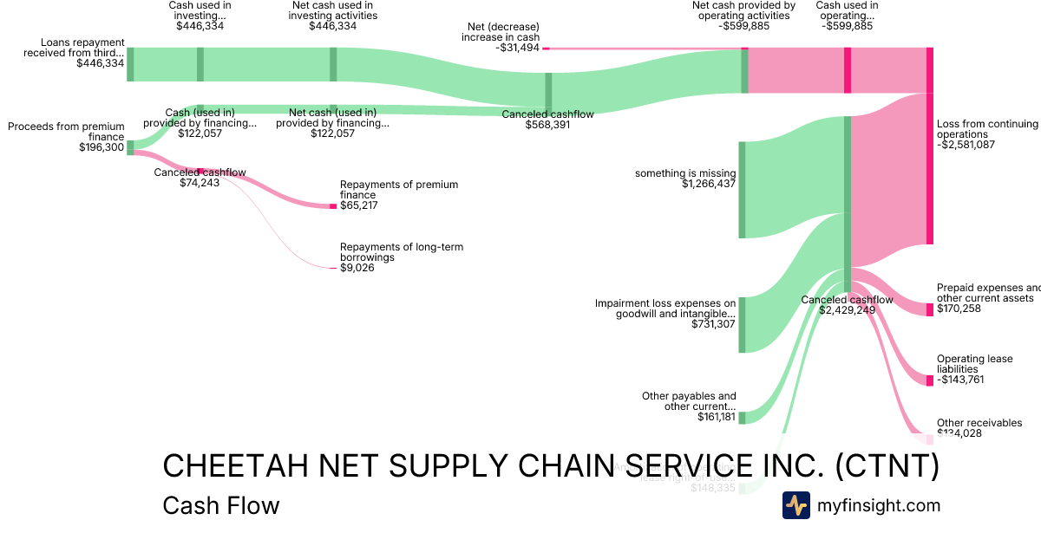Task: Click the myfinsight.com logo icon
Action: [795, 505]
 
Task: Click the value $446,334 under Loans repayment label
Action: [100, 63]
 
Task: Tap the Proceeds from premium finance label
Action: [66, 132]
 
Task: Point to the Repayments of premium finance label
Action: [398, 190]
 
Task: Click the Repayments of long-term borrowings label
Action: [401, 252]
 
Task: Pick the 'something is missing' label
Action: [684, 173]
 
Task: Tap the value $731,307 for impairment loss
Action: [713, 324]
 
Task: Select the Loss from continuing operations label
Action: [987, 129]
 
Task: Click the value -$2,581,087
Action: [966, 145]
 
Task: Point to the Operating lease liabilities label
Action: [974, 364]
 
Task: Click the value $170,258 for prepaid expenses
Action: [959, 309]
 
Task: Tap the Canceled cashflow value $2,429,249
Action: [847, 310]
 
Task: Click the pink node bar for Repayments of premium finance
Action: [333, 205]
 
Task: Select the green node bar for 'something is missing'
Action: [742, 190]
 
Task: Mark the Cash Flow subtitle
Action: [221, 505]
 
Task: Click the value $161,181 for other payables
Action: [717, 417]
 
